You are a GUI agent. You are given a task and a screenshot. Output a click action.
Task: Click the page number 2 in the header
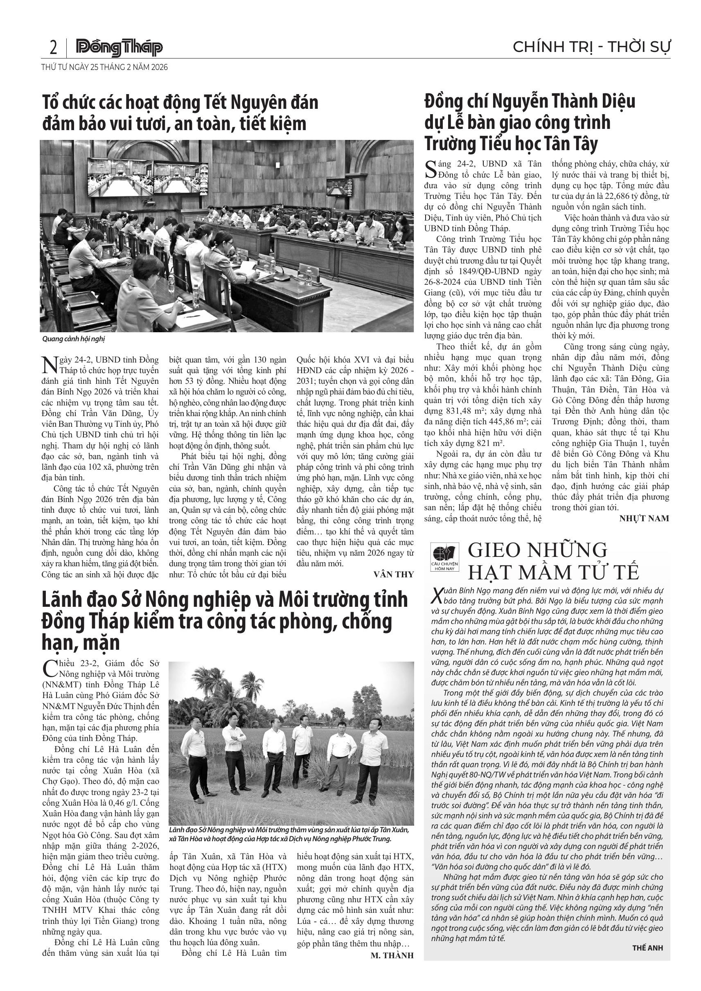[53, 47]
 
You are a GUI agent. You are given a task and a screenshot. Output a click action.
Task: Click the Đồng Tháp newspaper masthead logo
[119, 47]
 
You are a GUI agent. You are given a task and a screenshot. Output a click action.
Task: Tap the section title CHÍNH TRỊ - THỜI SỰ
[591, 47]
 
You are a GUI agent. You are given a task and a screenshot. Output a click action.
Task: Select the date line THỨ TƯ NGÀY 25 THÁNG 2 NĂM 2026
[104, 68]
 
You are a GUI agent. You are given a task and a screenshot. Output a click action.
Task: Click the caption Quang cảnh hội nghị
[73, 339]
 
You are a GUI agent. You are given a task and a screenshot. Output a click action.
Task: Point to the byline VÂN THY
[393, 574]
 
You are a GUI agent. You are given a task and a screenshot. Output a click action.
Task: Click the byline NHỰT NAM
[644, 518]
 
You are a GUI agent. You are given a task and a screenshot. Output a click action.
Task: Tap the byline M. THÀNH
[392, 955]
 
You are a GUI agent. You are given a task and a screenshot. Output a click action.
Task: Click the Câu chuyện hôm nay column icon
[444, 557]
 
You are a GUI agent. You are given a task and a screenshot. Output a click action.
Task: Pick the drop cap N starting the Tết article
[49, 365]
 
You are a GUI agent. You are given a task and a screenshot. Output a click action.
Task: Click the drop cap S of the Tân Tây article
[431, 169]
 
